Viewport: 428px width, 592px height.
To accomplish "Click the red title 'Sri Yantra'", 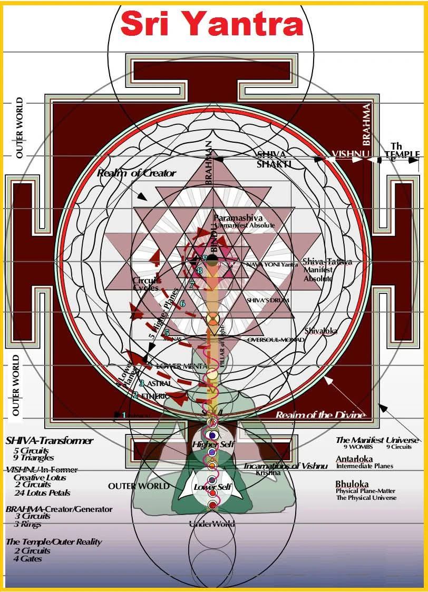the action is [211, 25].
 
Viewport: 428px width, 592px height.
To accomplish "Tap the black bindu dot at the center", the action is [212, 259].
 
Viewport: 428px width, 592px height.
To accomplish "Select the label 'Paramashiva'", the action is [238, 218].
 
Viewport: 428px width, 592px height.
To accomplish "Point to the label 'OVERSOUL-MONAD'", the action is [276, 340].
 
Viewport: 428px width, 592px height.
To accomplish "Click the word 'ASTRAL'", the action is [159, 384].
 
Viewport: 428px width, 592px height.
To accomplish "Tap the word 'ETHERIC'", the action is [154, 396].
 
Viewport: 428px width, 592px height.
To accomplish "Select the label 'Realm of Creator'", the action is [137, 173].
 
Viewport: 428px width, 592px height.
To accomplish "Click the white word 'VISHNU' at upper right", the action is [349, 155].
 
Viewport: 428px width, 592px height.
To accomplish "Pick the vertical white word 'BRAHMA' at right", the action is [366, 124].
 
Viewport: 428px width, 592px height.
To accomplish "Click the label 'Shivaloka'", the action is [320, 331].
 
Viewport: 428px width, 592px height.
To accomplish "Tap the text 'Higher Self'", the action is [213, 445].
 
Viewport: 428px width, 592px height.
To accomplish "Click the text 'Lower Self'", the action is [212, 487].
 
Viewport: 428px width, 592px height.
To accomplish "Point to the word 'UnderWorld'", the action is [212, 524].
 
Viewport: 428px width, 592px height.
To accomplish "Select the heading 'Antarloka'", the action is [354, 459].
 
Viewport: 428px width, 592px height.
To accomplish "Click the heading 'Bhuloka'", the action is [352, 484].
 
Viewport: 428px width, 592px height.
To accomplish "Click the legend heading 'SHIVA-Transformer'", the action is [49, 440].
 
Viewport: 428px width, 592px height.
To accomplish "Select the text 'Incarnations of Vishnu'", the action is [285, 466].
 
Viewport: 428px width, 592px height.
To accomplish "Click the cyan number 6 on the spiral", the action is [182, 303].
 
